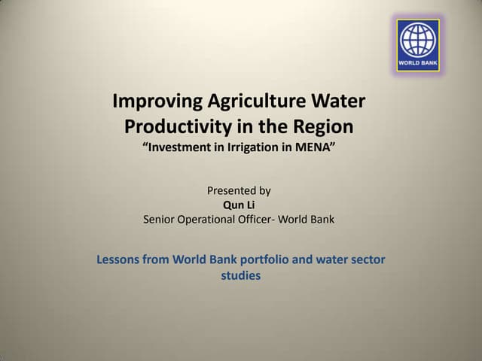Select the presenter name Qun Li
click(x=239, y=205)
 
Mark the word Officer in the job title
click(x=262, y=220)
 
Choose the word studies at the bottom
click(x=240, y=276)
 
